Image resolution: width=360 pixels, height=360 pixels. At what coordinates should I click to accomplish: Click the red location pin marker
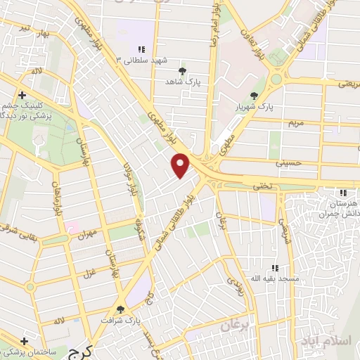click(181, 166)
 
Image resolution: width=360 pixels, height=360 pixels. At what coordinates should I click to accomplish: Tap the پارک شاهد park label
click(183, 82)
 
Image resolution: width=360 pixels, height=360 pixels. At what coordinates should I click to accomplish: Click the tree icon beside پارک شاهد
click(183, 72)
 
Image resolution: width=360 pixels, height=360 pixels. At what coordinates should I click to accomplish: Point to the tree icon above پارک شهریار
click(254, 96)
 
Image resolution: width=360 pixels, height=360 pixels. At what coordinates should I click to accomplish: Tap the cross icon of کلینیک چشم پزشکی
click(23, 96)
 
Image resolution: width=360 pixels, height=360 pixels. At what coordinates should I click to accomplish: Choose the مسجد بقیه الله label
click(277, 278)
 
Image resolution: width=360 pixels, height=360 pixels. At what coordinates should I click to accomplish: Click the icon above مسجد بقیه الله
click(276, 268)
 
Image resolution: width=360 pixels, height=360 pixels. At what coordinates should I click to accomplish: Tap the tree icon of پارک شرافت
click(121, 309)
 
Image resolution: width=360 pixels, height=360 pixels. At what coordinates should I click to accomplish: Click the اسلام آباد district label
click(333, 340)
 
